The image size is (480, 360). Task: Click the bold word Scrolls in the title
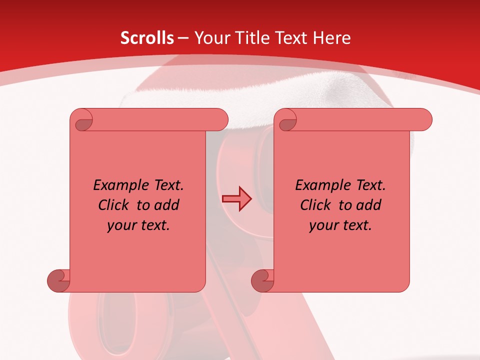click(x=147, y=38)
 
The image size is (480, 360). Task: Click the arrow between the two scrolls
click(x=237, y=199)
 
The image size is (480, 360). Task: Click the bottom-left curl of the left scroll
click(x=58, y=280)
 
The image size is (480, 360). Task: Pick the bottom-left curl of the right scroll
click(x=262, y=280)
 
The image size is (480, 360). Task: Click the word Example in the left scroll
click(x=117, y=185)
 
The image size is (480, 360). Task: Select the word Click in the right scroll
click(x=315, y=205)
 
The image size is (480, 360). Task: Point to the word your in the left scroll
click(x=120, y=225)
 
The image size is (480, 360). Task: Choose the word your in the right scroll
click(x=322, y=225)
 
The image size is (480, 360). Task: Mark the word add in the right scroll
click(x=369, y=205)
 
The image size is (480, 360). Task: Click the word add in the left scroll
click(x=167, y=205)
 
